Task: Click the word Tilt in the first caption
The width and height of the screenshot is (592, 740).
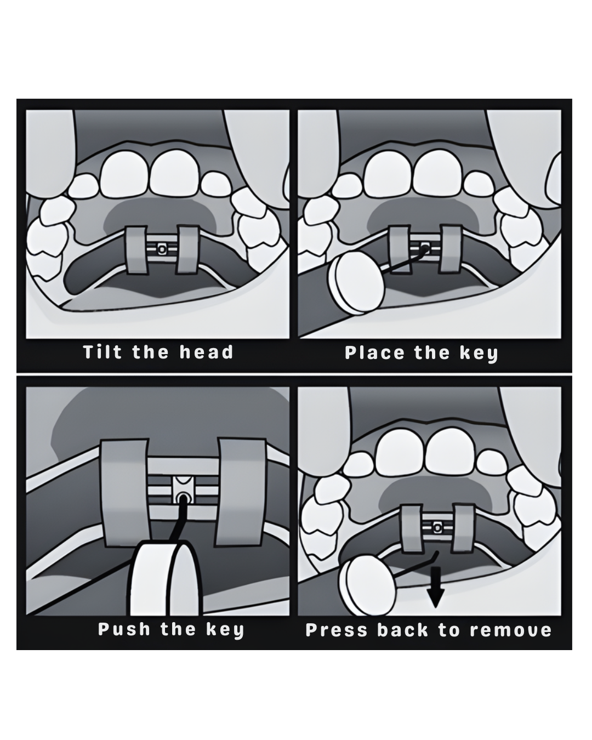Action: (x=103, y=352)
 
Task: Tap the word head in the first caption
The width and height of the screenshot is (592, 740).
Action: (x=207, y=352)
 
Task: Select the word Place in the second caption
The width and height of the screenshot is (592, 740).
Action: (x=374, y=353)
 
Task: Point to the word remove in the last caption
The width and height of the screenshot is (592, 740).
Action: (x=511, y=630)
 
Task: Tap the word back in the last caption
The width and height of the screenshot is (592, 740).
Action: (x=403, y=630)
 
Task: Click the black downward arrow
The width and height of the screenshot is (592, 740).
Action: (x=435, y=593)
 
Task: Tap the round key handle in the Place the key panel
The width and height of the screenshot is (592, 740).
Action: (x=356, y=283)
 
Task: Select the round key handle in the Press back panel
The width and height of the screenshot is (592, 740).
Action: (x=367, y=586)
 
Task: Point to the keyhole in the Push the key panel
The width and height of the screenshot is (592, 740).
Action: (x=183, y=498)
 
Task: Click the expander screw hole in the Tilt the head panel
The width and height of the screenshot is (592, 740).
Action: (x=161, y=248)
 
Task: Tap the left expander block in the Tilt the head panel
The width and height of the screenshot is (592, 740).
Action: (x=136, y=250)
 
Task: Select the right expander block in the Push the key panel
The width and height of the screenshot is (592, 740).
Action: (x=242, y=492)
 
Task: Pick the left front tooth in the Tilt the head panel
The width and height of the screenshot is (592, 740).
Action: (x=124, y=175)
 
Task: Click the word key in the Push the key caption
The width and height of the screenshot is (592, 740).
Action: (x=225, y=630)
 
